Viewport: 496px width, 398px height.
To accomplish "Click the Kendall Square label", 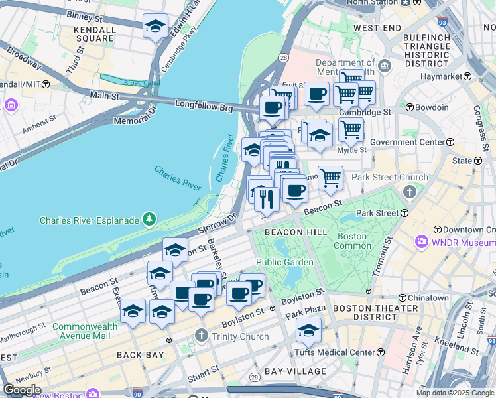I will click(96, 34).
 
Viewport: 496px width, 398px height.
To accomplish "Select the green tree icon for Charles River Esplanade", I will click(151, 220).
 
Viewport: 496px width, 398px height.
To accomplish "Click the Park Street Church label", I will click(390, 177).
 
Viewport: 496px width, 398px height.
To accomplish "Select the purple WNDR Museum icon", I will click(420, 243).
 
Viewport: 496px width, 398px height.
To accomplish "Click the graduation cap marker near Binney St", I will click(155, 27).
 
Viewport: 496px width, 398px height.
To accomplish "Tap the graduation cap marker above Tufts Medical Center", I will click(308, 330).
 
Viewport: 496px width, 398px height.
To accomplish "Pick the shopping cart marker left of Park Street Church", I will click(330, 178).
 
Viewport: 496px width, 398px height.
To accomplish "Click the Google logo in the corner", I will click(21, 390).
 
